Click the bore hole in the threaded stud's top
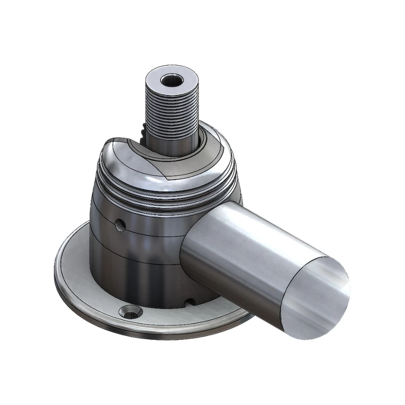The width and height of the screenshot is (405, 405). pos(171,81)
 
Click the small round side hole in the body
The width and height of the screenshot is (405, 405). pos(120,223)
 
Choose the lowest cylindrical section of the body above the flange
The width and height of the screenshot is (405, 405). pos(135,279)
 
